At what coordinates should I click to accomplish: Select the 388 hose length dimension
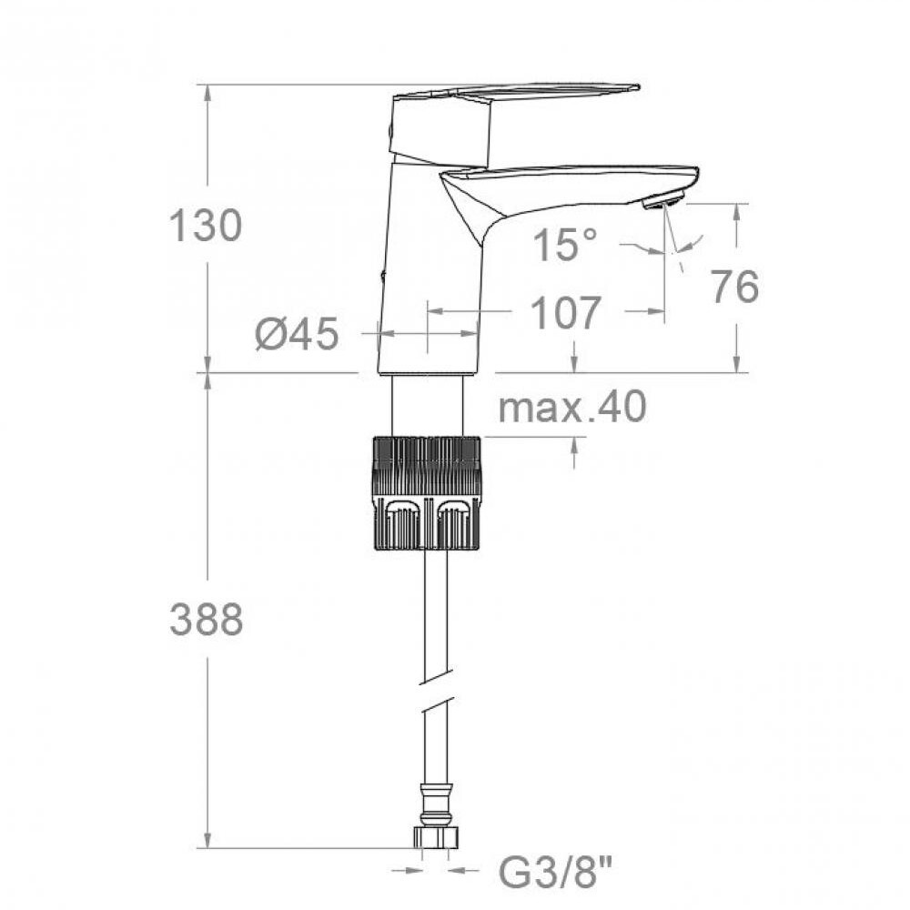pyautogui.click(x=206, y=619)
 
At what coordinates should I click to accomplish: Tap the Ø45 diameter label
pyautogui.click(x=297, y=334)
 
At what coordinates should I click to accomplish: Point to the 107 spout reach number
pyautogui.click(x=566, y=312)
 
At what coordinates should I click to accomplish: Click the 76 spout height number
pyautogui.click(x=734, y=286)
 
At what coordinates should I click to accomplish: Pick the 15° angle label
pyautogui.click(x=565, y=244)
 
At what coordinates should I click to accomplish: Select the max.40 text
pyautogui.click(x=572, y=407)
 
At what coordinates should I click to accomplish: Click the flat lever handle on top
pyautogui.click(x=517, y=92)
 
